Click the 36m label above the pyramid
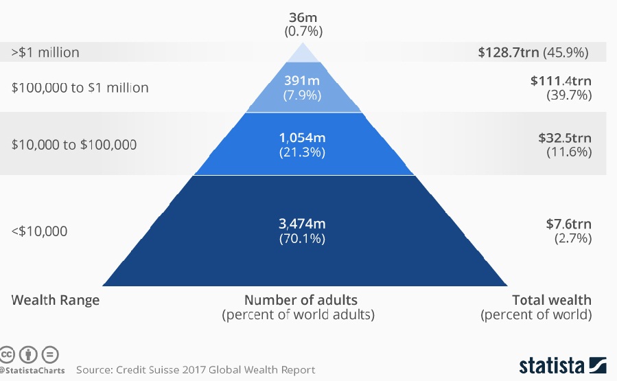click(x=303, y=17)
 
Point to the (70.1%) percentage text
click(x=302, y=239)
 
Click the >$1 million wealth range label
click(x=45, y=52)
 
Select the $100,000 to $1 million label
click(x=80, y=88)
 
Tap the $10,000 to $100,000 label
click(x=74, y=144)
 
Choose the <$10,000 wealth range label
click(x=40, y=231)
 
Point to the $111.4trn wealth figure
click(x=561, y=81)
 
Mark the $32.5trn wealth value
click(x=564, y=138)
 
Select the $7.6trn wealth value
click(x=568, y=224)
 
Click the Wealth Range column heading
click(x=56, y=300)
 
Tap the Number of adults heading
click(x=301, y=300)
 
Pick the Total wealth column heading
click(x=552, y=300)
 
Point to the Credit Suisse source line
click(x=196, y=370)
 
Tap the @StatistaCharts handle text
click(x=33, y=371)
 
